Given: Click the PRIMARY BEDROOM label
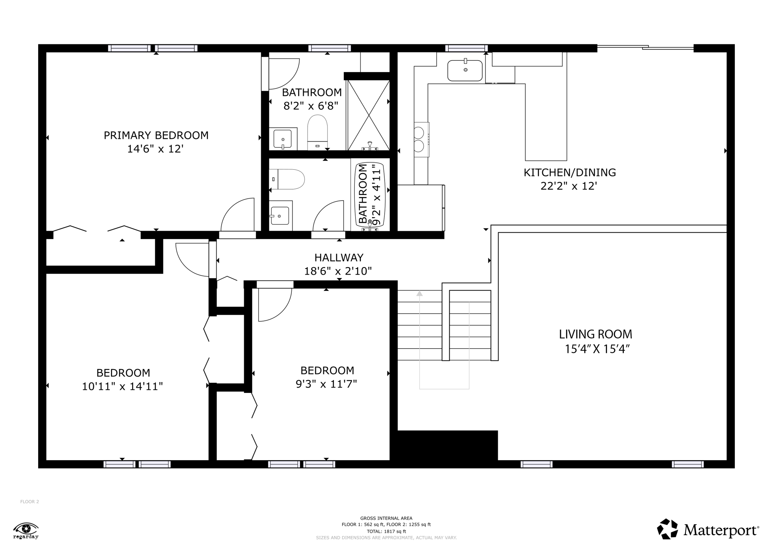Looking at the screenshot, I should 156,135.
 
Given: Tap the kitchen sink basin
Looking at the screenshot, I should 465,71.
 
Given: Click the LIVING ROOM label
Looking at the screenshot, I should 595,334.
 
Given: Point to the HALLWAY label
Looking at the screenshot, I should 339,258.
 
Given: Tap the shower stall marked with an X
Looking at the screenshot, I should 368,115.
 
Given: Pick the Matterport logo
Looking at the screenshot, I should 707,530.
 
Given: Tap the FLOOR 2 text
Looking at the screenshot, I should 29,502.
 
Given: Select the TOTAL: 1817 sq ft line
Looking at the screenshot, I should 386,531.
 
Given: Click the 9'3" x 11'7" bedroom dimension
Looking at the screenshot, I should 326,384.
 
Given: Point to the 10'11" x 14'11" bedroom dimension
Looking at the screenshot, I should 122,386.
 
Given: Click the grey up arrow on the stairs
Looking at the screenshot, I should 419,294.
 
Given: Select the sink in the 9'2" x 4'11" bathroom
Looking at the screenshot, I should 280,216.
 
